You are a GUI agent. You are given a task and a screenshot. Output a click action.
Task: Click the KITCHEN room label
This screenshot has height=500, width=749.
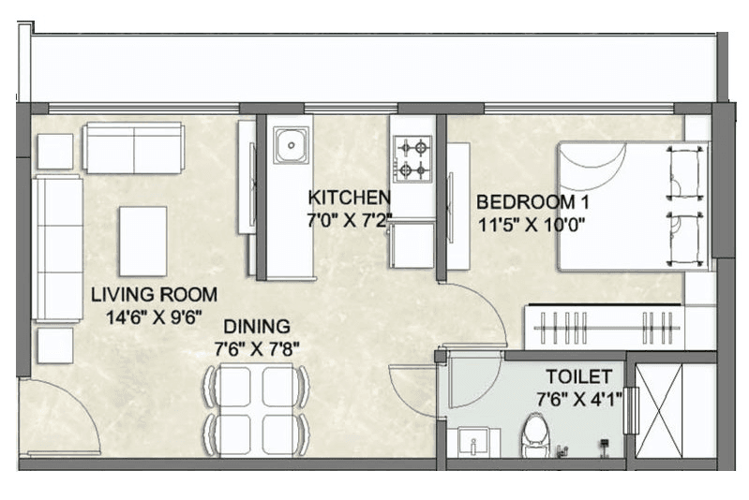[349, 198]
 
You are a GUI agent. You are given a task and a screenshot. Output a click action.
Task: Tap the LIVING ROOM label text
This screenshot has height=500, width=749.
[154, 294]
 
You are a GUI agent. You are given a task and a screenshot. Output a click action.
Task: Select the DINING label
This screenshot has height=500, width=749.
[256, 327]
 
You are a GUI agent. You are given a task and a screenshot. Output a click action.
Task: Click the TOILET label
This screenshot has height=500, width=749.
[579, 376]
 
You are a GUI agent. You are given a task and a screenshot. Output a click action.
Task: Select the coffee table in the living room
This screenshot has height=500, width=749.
[142, 241]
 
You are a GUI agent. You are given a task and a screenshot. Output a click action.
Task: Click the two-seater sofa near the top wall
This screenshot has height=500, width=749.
[133, 147]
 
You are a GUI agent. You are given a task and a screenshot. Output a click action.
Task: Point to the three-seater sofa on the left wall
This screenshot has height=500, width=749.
[58, 247]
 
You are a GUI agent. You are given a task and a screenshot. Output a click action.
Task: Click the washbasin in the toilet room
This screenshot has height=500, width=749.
[472, 441]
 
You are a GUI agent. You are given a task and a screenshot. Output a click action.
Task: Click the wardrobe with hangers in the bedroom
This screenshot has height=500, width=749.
[604, 328]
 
